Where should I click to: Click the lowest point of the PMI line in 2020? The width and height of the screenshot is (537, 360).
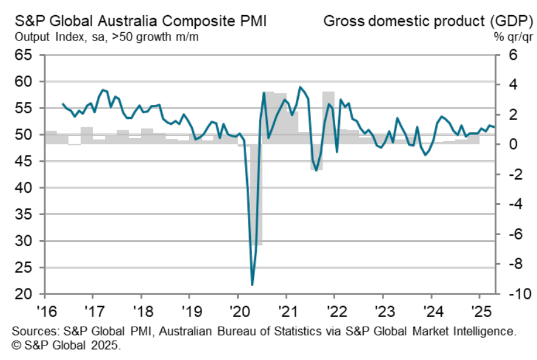(252, 284)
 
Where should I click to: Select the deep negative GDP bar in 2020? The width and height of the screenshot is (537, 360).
(258, 200)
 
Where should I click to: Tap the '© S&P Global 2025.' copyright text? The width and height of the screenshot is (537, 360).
(67, 347)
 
